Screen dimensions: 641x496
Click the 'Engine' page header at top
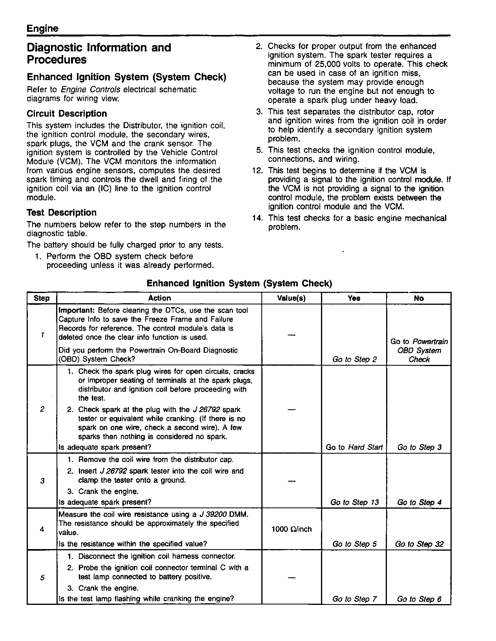(42, 29)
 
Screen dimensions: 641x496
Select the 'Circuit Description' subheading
(67, 114)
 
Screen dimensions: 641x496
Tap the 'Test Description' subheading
(61, 213)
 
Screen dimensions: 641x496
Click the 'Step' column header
(42, 298)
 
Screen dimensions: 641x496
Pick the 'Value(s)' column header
(291, 298)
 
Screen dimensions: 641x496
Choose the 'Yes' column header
(354, 298)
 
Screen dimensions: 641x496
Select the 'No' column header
(419, 298)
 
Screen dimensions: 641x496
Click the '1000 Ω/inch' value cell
(291, 529)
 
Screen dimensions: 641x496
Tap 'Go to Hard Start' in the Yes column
(354, 447)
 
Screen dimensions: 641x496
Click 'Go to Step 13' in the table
(354, 502)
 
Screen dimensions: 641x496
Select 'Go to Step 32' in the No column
(419, 544)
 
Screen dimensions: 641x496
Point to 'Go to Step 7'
(354, 599)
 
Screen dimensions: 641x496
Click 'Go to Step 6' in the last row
(419, 599)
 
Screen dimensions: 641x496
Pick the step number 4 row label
(42, 529)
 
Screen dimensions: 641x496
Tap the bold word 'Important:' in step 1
(77, 310)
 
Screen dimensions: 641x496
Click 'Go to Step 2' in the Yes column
(354, 359)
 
